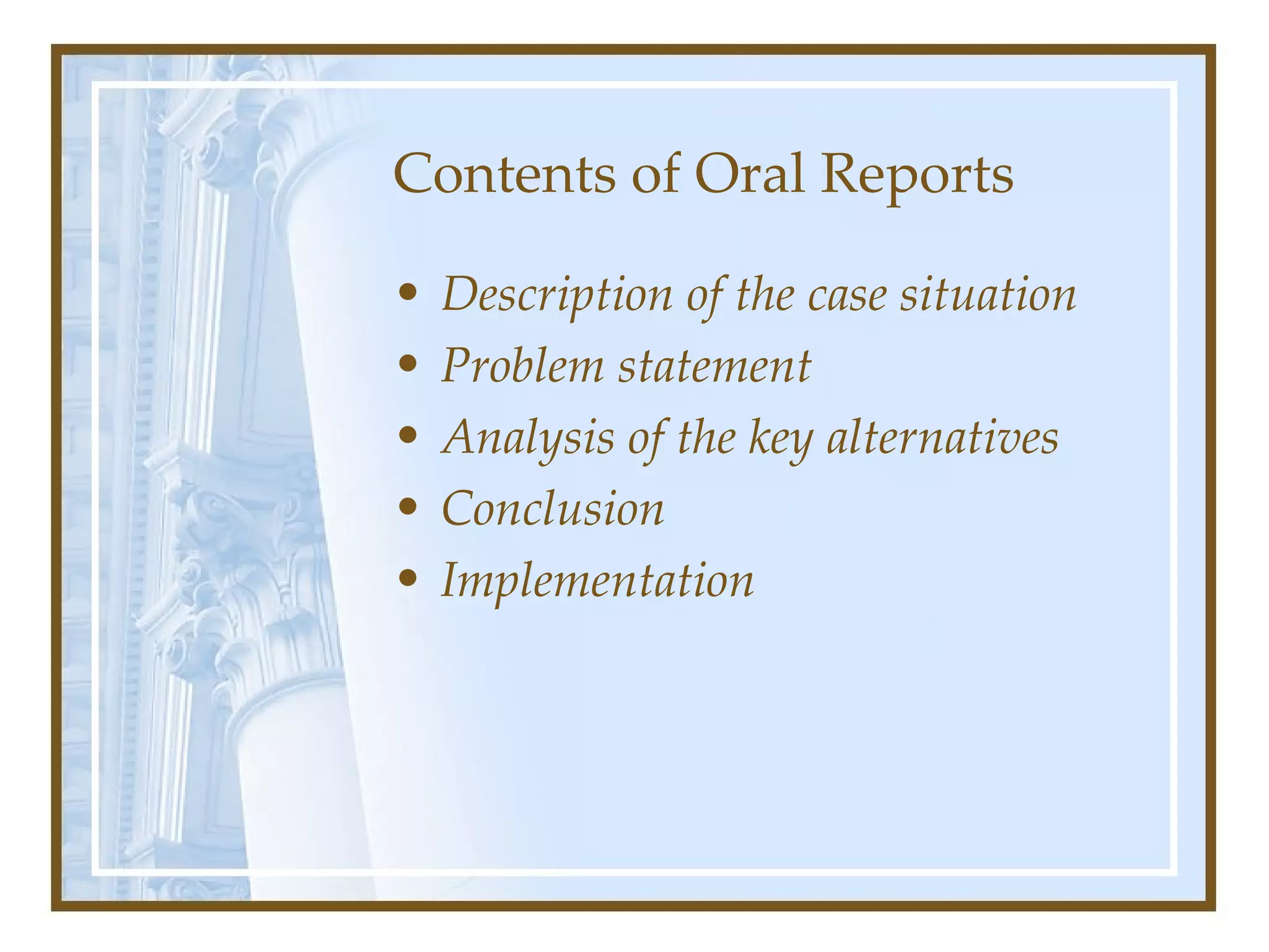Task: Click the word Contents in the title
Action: pos(504,174)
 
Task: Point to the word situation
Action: pos(988,295)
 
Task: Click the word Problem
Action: pos(522,366)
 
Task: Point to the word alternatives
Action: pos(942,438)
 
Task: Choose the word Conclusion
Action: pos(553,509)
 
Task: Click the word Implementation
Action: pos(597,581)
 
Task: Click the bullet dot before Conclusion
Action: pos(408,507)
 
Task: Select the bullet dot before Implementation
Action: pos(408,579)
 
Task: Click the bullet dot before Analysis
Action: pos(408,436)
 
